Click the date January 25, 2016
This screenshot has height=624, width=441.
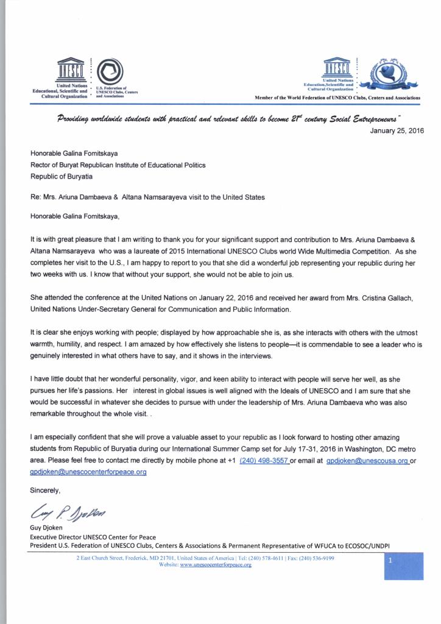coord(397,130)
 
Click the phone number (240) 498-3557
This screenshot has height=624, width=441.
coord(264,460)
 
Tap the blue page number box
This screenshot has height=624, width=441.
coord(403,566)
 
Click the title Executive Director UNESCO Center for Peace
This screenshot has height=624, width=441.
coord(93,537)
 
